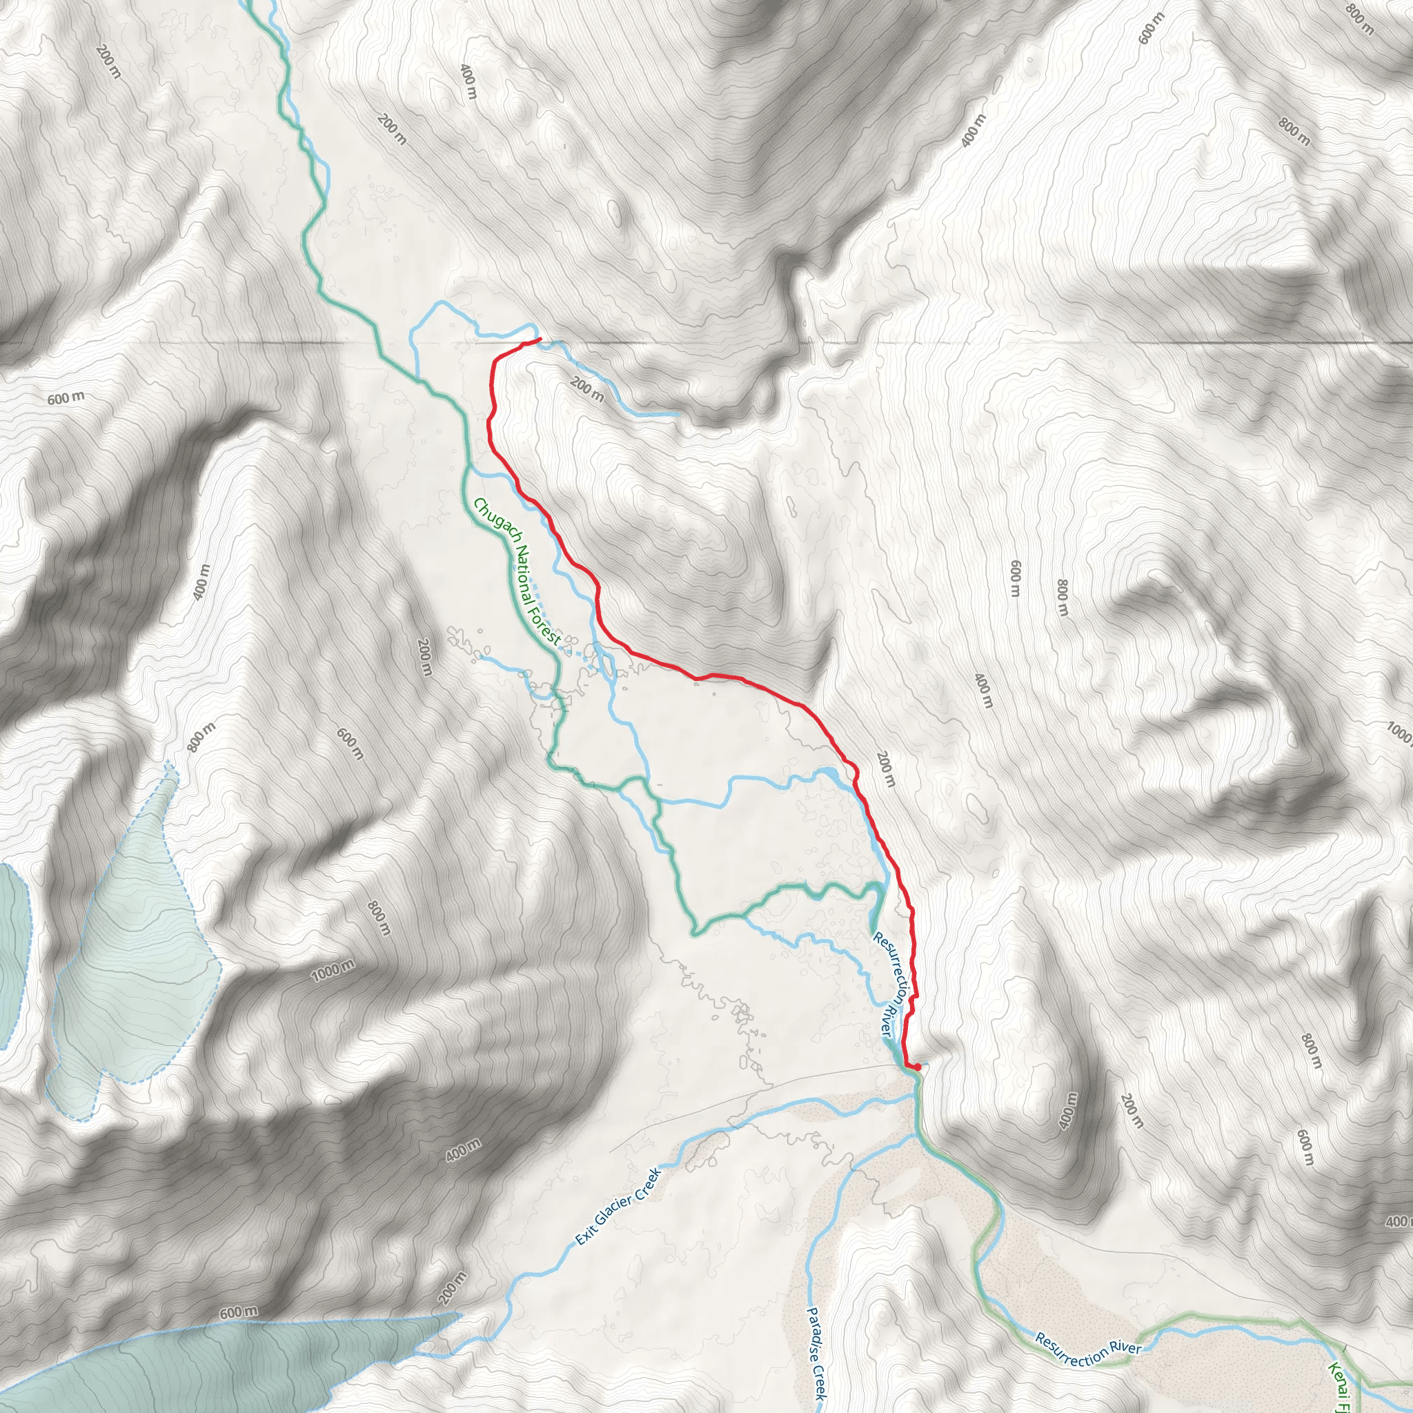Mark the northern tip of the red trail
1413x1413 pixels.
540,339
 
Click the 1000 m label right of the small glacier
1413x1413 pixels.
333,971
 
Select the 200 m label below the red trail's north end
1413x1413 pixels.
587,389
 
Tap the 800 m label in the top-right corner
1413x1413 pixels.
1360,20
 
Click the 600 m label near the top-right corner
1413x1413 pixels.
1150,28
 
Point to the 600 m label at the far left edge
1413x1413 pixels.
66,398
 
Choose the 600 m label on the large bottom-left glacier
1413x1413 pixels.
239,1312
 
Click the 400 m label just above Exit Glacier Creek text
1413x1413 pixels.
464,1149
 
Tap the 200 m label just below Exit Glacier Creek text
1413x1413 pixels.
453,1289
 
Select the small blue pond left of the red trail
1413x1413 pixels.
827,773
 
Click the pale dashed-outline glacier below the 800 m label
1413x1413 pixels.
135,951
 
